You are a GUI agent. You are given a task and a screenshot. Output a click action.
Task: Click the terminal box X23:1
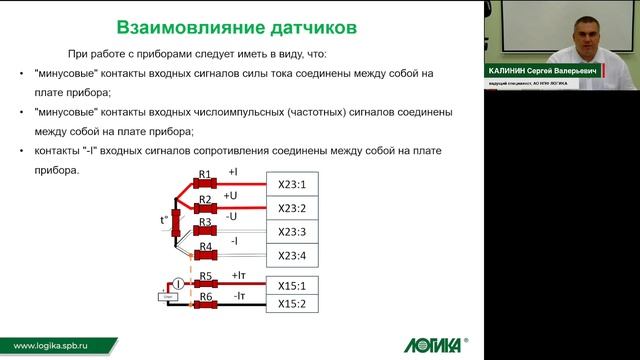[x=296, y=184]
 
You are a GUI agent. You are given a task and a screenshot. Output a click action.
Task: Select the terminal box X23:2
[x=296, y=207]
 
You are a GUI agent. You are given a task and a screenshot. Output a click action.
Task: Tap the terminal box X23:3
[x=296, y=231]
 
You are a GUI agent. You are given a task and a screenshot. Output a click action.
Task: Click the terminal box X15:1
[x=296, y=284]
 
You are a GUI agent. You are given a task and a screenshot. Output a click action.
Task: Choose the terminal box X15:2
[x=296, y=303]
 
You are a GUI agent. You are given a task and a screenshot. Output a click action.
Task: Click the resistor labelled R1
[x=205, y=184]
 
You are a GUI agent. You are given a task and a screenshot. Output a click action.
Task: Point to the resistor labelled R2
[x=205, y=207]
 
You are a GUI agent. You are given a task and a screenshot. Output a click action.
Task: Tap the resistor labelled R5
[x=205, y=284]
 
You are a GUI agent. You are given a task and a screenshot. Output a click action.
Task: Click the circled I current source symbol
[x=176, y=286]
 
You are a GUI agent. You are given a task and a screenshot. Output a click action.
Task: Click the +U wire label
[x=231, y=196]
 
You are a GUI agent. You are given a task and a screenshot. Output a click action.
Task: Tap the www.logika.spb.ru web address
[x=49, y=344]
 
